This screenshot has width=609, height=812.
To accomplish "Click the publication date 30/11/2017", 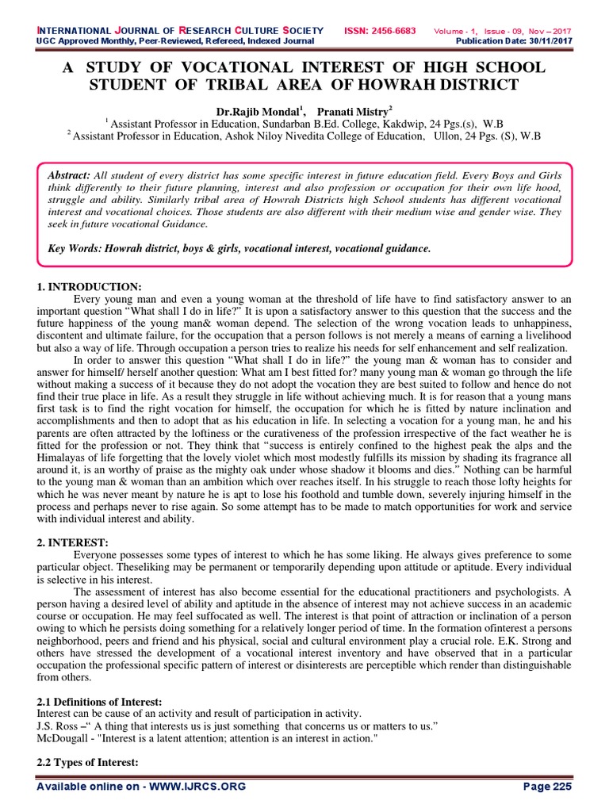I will click(552, 40).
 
